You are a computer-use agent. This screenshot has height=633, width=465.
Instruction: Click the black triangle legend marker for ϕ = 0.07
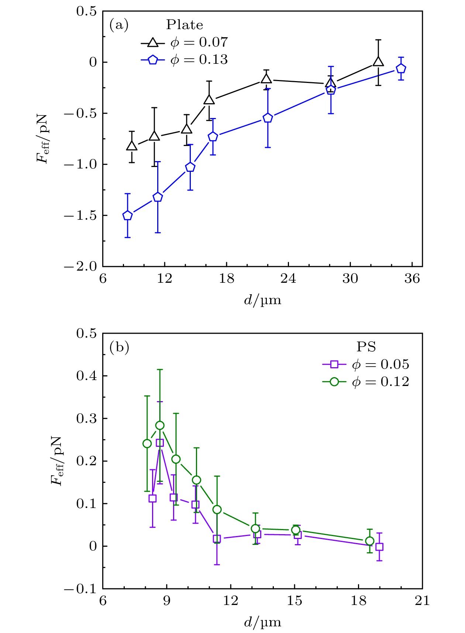tap(153, 43)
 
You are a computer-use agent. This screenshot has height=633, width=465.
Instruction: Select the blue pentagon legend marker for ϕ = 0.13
tap(153, 60)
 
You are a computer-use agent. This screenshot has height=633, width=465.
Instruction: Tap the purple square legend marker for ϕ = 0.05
tap(334, 365)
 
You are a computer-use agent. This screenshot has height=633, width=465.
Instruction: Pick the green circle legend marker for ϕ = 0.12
tap(334, 382)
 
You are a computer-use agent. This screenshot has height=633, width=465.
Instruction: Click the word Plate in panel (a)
tap(185, 25)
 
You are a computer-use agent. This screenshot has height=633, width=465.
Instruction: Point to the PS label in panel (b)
tap(366, 347)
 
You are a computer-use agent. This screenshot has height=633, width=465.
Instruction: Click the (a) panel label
tap(119, 25)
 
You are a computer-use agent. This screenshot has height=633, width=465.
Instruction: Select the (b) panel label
tap(119, 347)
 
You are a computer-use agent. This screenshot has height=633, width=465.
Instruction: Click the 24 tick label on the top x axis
tap(288, 279)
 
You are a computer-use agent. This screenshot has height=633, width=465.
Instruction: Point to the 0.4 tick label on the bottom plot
tap(86, 376)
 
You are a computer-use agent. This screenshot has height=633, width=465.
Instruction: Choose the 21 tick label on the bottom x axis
tap(422, 601)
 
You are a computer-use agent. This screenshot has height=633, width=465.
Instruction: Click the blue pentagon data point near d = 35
tap(401, 69)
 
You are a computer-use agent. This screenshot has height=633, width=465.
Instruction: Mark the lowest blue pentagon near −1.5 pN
tap(128, 216)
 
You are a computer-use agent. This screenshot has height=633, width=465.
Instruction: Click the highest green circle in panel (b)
tap(160, 425)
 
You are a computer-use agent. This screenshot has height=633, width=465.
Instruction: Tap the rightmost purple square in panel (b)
tap(379, 547)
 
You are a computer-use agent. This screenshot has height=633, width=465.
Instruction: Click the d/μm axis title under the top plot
tap(262, 300)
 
